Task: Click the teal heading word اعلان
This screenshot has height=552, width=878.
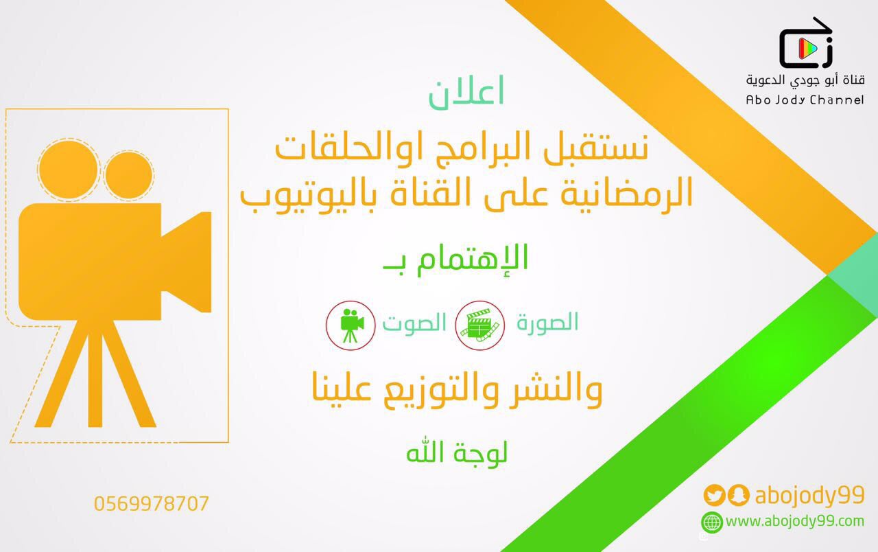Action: (x=466, y=93)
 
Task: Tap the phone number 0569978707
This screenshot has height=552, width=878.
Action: (x=152, y=504)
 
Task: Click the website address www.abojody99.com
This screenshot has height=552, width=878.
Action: (x=795, y=521)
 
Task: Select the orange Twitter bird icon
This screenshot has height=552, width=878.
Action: (x=714, y=495)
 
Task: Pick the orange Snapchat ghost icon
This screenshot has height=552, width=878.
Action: (x=739, y=495)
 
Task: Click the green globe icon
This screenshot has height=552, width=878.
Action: (x=712, y=522)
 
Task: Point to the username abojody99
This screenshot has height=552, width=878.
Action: (x=810, y=496)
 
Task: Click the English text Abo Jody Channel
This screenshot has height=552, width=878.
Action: (x=805, y=100)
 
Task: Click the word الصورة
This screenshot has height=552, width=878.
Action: (x=547, y=323)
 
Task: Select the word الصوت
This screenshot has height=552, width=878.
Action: (x=415, y=323)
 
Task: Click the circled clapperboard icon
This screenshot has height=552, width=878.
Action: (x=479, y=325)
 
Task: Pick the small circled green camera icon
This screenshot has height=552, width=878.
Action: (x=351, y=325)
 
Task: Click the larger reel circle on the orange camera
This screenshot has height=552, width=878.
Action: (x=68, y=170)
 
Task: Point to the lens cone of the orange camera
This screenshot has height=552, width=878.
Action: (x=187, y=262)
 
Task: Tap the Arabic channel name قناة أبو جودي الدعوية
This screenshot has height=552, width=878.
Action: (x=805, y=80)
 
